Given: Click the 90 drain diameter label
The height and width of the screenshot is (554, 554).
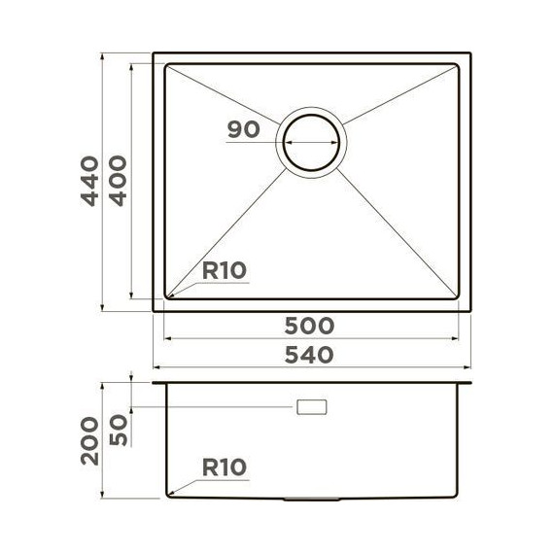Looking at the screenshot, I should pyautogui.click(x=243, y=129).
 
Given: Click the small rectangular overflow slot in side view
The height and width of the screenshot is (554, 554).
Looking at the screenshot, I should pyautogui.click(x=312, y=407).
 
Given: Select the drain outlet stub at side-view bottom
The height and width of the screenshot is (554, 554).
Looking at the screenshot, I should pyautogui.click(x=312, y=501).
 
